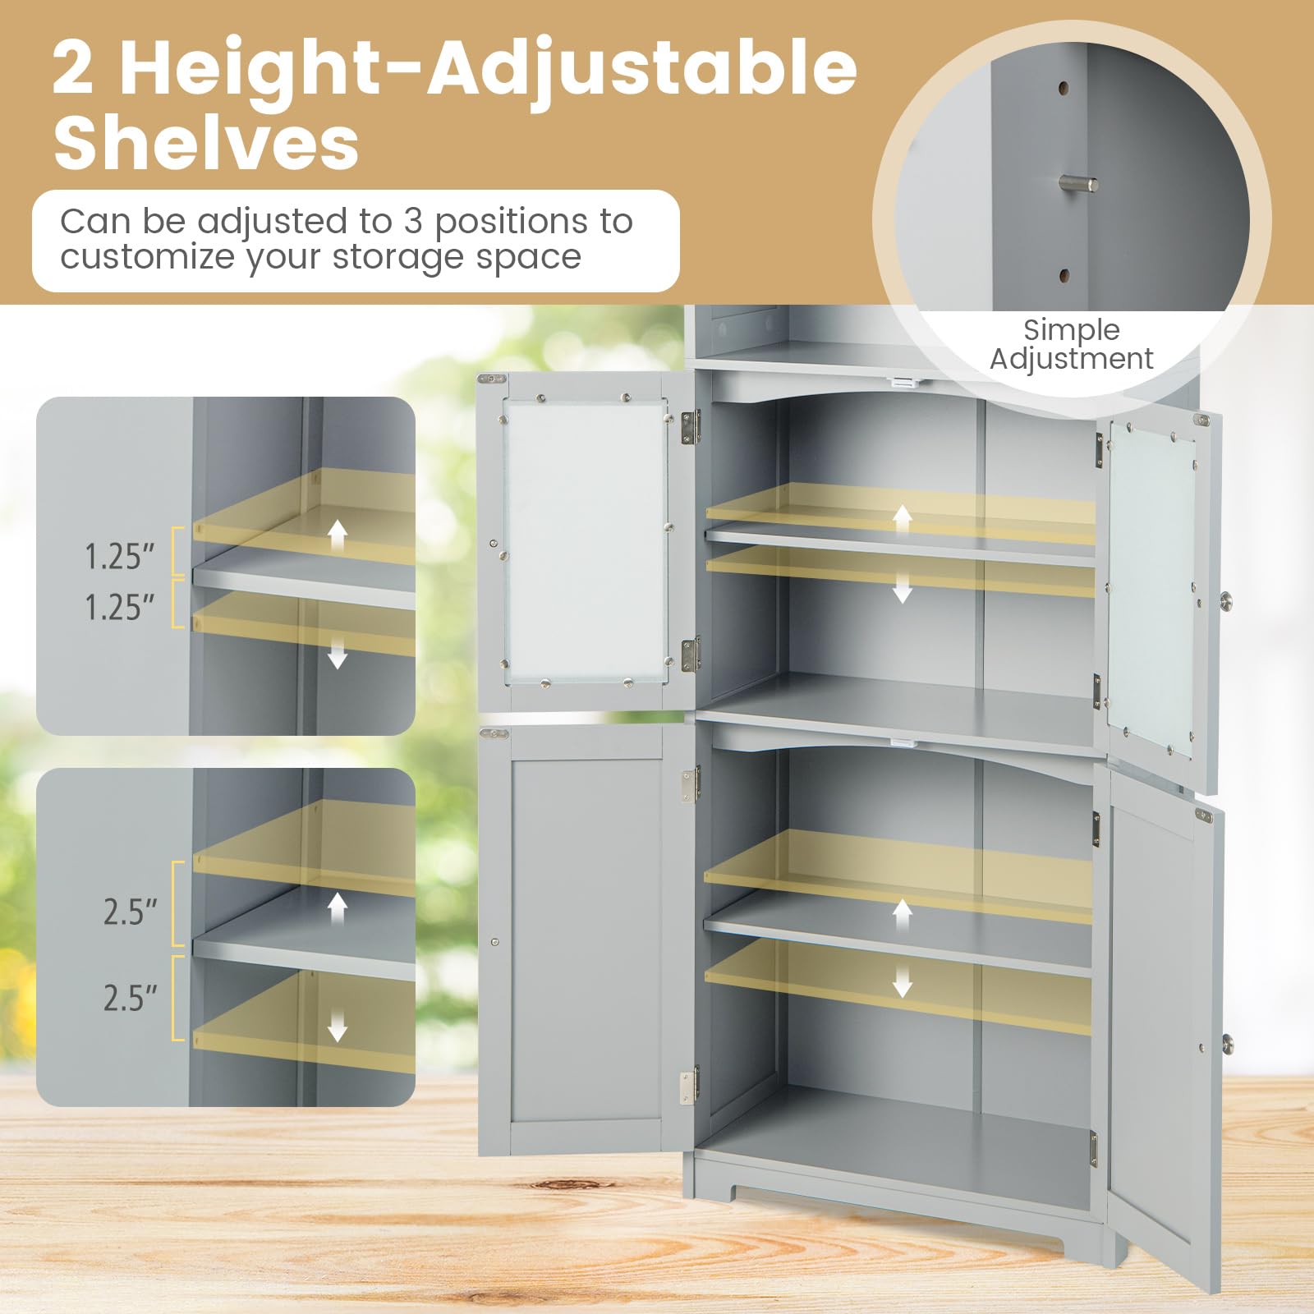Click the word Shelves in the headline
tap(206, 144)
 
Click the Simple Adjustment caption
tap(1071, 344)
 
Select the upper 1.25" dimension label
tap(120, 557)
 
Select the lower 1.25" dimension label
tap(120, 608)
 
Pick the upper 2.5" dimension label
tap(130, 912)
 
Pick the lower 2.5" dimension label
tap(130, 999)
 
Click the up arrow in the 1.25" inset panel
tap(337, 535)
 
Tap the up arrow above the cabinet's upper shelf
tap(903, 518)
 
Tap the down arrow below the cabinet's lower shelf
tap(903, 981)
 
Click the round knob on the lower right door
tap(1227, 1044)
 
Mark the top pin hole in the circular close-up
tap(1064, 87)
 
